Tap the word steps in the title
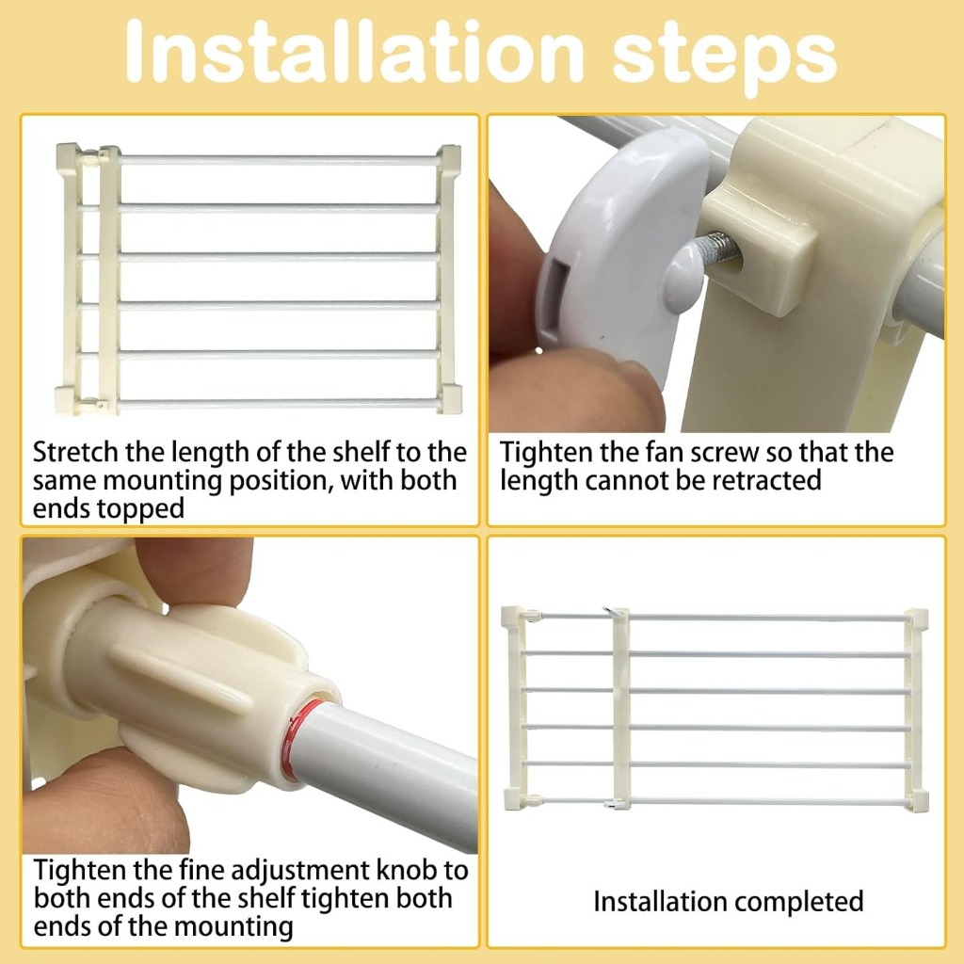(726, 59)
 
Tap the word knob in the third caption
(405, 870)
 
